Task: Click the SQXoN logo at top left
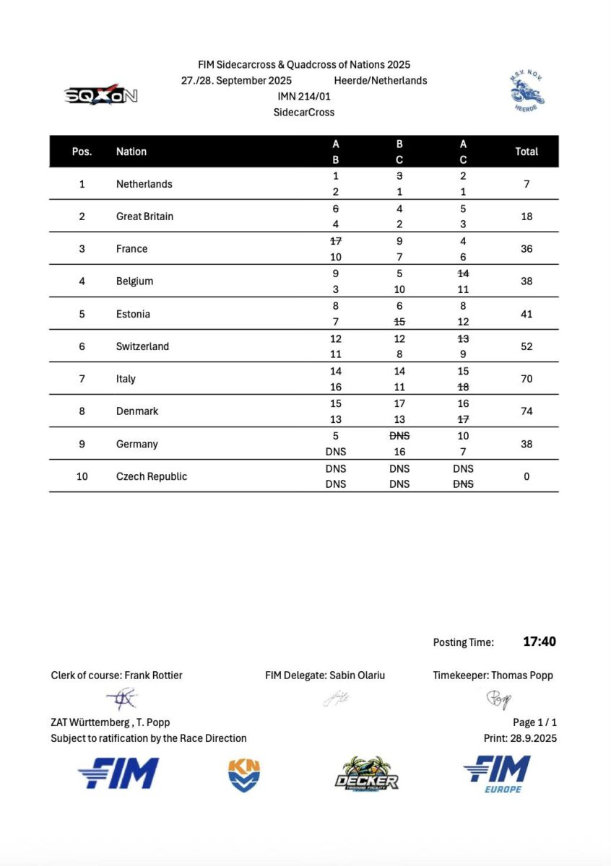pos(101,95)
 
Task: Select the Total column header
pos(526,152)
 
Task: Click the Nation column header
pos(131,152)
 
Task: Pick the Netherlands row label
pos(144,184)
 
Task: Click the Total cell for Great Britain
pos(526,216)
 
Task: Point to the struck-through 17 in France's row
pos(336,241)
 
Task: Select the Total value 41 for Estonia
pos(526,314)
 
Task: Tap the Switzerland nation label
pos(142,346)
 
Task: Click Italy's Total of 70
pos(526,379)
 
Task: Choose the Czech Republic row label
pos(152,476)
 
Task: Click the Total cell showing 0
pos(526,476)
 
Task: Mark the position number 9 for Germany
pos(82,444)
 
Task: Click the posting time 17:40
pos(539,642)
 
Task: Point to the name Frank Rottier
pos(153,675)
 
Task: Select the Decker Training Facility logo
pos(366,774)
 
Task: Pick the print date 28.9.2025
pos(535,738)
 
